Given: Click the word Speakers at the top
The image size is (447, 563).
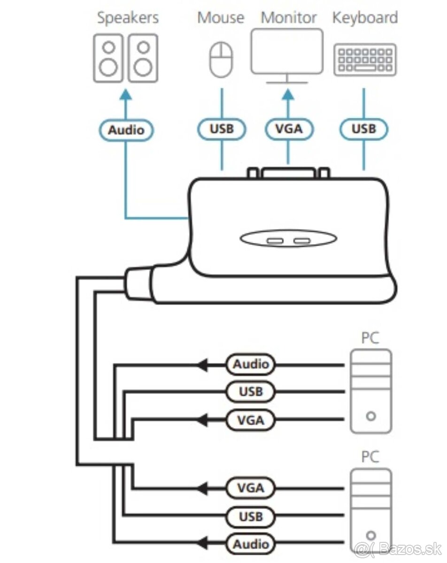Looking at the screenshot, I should pos(128,18).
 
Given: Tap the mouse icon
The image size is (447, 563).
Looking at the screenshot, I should pos(221,60).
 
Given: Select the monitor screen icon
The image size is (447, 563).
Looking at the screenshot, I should pos(287,51).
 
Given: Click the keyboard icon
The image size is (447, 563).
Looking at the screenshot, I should pos(365,60).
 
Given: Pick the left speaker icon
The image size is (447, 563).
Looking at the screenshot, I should pos(108,58).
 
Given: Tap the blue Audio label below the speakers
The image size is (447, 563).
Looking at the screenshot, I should pos(126,130).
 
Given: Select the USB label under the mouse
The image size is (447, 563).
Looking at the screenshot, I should pos(221,129).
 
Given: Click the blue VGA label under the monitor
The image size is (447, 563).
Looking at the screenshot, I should pos(288,129).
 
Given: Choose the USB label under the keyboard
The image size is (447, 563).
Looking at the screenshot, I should pos(363,129).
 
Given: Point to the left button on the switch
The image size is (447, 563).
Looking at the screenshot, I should pos(273,242).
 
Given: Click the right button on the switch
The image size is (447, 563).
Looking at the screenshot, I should pos(302,242).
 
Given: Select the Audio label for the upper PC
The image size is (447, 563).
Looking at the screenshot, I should pos(251,364).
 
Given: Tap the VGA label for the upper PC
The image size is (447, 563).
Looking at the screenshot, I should pos(251,420).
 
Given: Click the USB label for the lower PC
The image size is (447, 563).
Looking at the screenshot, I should pos(251,517).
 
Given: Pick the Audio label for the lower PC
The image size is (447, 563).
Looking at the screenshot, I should pos(251,544).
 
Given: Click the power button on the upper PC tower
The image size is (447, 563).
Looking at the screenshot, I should pos(371,416).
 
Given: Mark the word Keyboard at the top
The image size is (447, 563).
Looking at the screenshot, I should pos(365,18).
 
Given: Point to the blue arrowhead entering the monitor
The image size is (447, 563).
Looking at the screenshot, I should pos(288,94).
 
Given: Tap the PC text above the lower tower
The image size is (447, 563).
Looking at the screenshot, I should pos(370,456).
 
